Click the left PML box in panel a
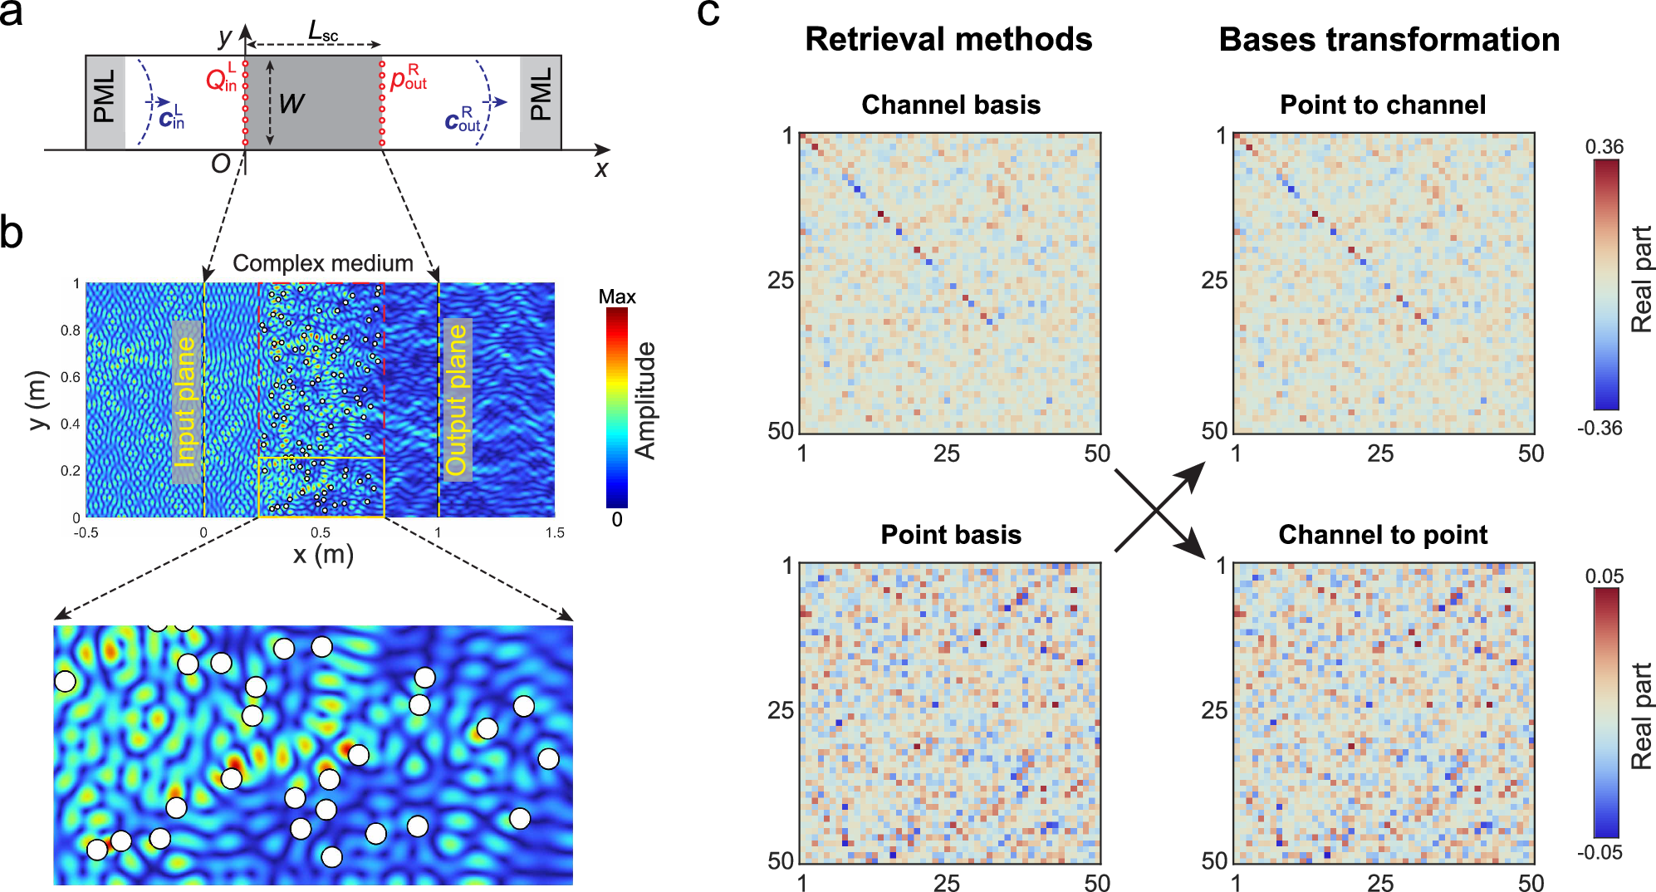(x=105, y=102)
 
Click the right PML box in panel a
(x=541, y=102)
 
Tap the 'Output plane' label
(x=457, y=399)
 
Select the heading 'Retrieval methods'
(x=948, y=40)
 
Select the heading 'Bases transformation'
(x=1389, y=40)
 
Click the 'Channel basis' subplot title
(x=951, y=105)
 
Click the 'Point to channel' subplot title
(x=1383, y=105)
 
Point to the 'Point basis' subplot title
(x=951, y=535)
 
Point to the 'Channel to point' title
(x=1383, y=535)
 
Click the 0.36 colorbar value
(x=1604, y=147)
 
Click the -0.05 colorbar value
(x=1600, y=852)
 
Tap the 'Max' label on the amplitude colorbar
(x=617, y=297)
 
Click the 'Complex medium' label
(x=323, y=263)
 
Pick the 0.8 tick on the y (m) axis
(x=71, y=331)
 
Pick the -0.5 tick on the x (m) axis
(x=86, y=533)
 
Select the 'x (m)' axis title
(x=323, y=554)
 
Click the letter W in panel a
(x=292, y=104)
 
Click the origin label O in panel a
(x=220, y=164)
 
